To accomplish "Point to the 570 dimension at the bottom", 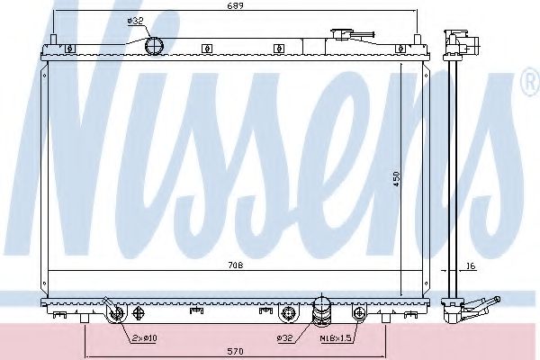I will (x=234, y=350).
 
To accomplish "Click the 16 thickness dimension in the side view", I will (x=471, y=266).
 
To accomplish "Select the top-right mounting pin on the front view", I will (x=418, y=39).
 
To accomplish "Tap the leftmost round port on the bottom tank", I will (x=114, y=313).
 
